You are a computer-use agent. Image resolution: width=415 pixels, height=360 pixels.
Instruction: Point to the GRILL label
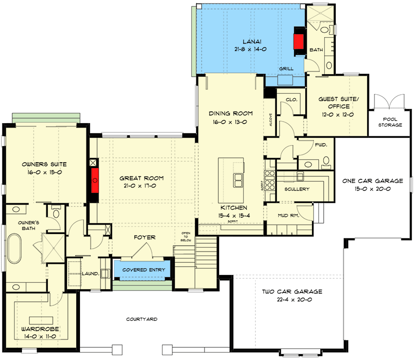(286, 69)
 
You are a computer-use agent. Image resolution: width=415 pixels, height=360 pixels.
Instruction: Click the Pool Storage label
(390, 122)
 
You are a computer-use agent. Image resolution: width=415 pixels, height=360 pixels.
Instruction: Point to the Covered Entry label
(144, 270)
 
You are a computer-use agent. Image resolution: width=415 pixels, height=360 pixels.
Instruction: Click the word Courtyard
(142, 319)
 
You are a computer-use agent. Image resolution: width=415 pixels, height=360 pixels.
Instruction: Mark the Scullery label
(296, 189)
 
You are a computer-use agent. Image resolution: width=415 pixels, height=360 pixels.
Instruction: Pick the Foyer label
(145, 237)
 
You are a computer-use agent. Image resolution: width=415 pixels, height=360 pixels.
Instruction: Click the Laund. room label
(91, 274)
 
